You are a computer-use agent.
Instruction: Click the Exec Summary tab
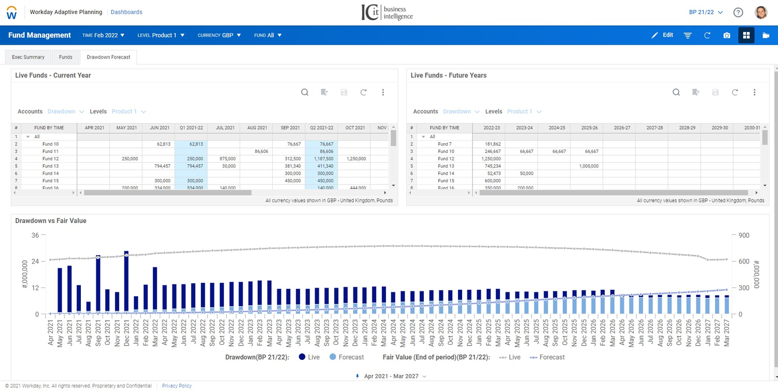[28, 57]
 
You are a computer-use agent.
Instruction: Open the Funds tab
[65, 57]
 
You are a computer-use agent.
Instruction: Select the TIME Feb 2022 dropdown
[103, 35]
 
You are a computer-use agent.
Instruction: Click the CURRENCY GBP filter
[219, 35]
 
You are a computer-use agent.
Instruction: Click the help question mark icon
[738, 12]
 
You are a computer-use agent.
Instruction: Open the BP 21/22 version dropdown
[705, 12]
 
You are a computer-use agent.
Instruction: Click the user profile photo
[761, 12]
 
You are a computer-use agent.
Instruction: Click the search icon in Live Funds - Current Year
[305, 92]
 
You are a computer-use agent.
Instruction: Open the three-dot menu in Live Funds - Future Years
[754, 92]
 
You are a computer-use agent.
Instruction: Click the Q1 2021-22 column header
[191, 128]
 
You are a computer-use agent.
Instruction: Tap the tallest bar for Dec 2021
[126, 283]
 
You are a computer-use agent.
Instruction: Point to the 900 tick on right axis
[744, 235]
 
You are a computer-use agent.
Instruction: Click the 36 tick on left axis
[35, 235]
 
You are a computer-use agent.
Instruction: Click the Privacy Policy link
[177, 386]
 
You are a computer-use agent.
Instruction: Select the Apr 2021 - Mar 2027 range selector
[392, 376]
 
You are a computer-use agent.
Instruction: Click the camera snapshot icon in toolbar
[727, 35]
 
